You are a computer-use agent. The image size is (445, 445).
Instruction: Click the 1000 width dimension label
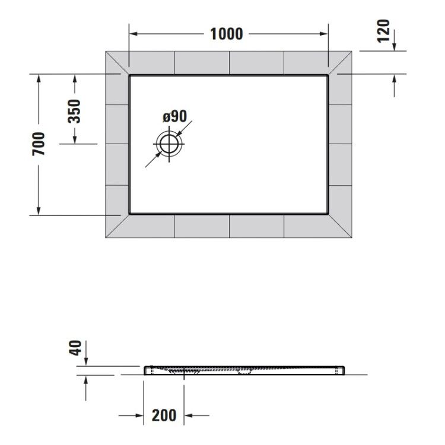(x=226, y=34)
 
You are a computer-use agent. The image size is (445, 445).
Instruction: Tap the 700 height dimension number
(x=39, y=144)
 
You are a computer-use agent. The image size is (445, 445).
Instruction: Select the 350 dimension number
(x=74, y=111)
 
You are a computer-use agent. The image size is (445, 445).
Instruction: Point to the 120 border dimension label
(x=383, y=31)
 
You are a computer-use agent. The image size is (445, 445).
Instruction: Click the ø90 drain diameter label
(x=175, y=116)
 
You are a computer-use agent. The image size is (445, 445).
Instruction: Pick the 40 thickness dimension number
(x=75, y=348)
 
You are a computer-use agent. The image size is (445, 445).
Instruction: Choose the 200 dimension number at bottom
(x=164, y=415)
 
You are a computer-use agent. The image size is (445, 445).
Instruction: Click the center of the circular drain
(x=169, y=144)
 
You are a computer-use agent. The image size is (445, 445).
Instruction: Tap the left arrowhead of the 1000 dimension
(x=133, y=34)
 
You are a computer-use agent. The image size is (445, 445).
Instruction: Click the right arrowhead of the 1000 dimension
(x=324, y=34)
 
